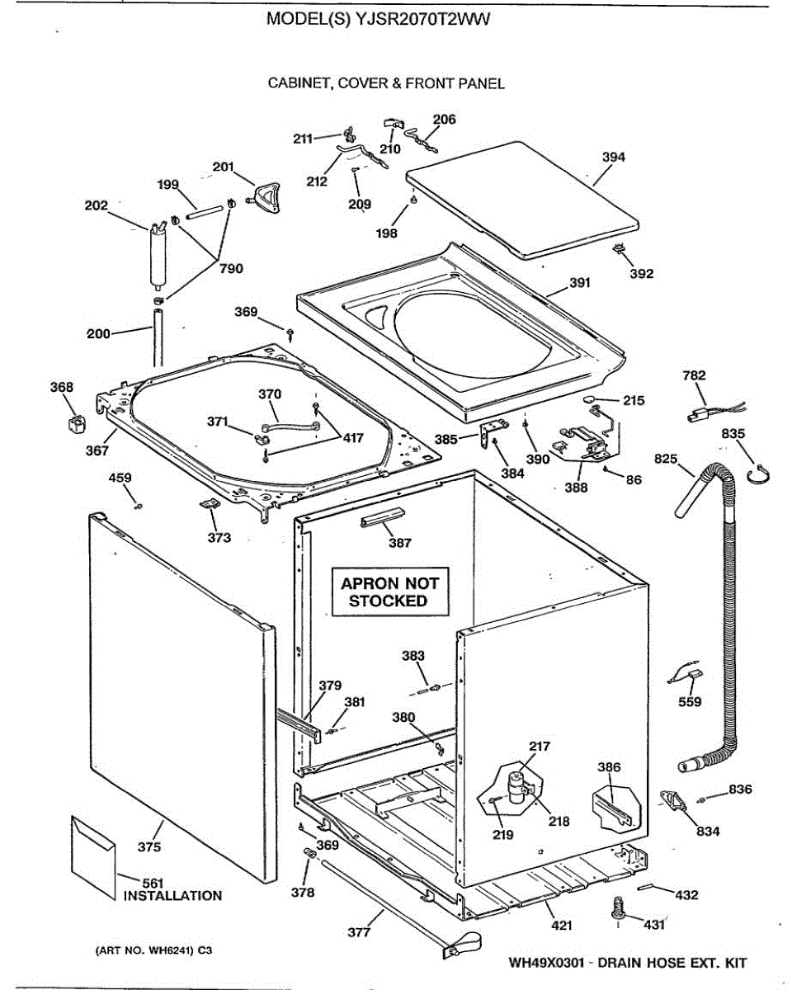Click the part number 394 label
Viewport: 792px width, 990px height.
[613, 158]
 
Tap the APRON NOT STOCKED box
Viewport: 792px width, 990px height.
[389, 592]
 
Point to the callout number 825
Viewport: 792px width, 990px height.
[666, 458]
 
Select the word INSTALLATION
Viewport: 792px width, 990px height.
[172, 896]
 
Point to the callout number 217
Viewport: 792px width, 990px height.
[539, 747]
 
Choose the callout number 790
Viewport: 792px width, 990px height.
[232, 268]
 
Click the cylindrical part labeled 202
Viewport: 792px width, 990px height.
[156, 256]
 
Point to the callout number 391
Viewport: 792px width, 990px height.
[580, 283]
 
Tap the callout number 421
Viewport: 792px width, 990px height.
[561, 926]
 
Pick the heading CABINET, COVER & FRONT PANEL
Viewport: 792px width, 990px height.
[386, 83]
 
